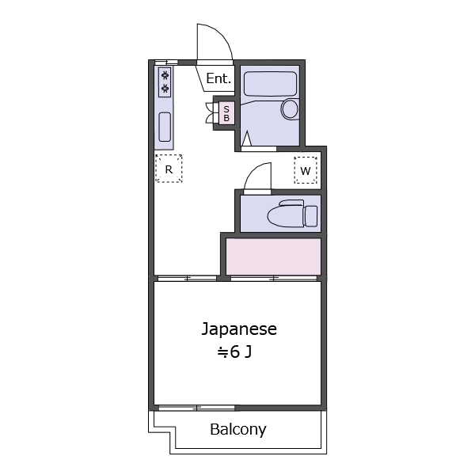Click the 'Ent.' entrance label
tap(218, 78)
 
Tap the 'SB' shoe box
tap(226, 114)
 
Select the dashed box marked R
tap(169, 169)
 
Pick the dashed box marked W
tap(306, 170)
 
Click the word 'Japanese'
tap(238, 329)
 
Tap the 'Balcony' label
tap(237, 430)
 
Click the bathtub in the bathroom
tap(269, 84)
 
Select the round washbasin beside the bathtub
tap(290, 109)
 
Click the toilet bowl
tap(285, 215)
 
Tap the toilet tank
tap(311, 215)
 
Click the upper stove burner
tap(165, 75)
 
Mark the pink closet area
tap(273, 256)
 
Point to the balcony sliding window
tap(196, 408)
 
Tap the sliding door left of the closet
tap(187, 278)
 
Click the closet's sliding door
tap(274, 278)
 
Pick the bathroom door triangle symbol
tap(246, 140)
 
